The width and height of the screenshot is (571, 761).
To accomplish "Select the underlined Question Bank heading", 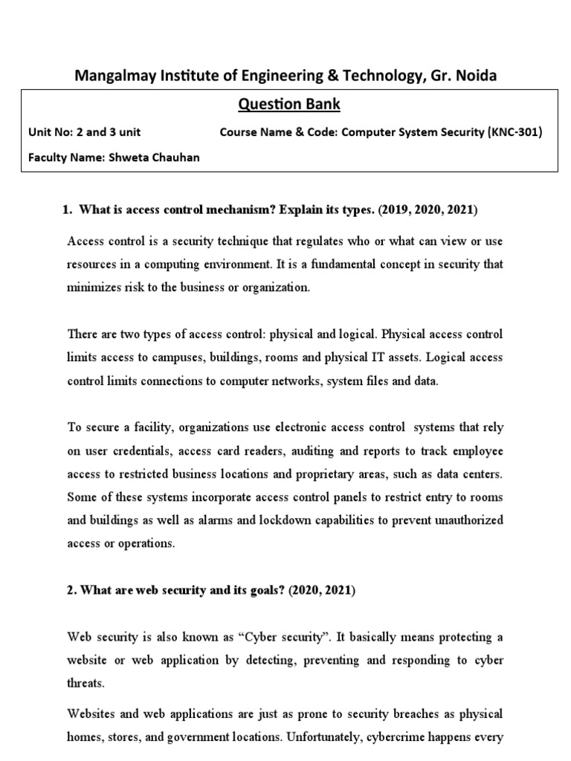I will (288, 104).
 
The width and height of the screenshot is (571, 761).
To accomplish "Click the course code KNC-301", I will (515, 132).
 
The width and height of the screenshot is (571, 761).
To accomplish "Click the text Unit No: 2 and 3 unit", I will (84, 132).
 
